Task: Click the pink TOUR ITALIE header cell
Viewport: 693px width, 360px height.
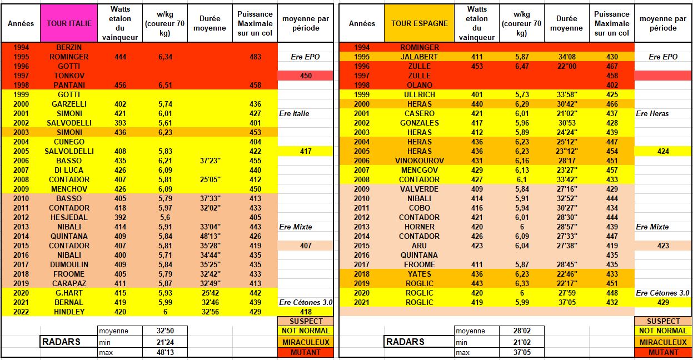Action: [68, 23]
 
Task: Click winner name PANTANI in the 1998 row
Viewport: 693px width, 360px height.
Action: [69, 85]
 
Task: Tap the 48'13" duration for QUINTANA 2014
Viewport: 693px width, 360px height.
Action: [210, 236]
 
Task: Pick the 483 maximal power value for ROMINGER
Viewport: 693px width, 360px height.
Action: [255, 57]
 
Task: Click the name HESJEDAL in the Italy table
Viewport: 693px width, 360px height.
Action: [69, 217]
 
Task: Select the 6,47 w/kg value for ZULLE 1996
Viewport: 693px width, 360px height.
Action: [521, 66]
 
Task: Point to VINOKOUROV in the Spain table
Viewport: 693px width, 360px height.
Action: [420, 161]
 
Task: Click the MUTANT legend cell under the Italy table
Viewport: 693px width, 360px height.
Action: [305, 352]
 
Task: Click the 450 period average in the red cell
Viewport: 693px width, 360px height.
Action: [305, 76]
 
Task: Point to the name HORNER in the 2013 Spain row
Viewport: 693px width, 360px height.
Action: [420, 227]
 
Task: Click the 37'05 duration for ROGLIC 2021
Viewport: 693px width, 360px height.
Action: [566, 302]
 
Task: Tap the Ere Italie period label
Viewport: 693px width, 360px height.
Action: [295, 113]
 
